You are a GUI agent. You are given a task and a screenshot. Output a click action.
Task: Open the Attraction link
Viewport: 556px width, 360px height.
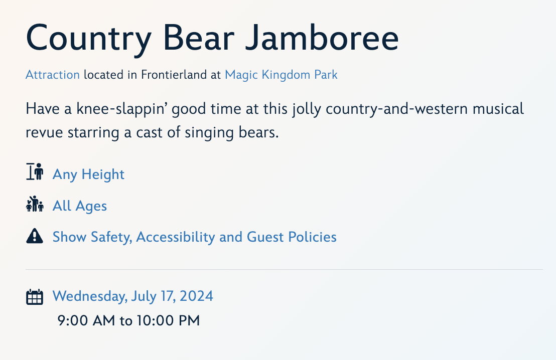pos(53,75)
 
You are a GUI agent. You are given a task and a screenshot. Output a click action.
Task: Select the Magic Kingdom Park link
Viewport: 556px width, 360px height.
pos(281,75)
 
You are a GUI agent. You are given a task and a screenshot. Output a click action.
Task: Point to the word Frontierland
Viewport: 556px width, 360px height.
pos(174,75)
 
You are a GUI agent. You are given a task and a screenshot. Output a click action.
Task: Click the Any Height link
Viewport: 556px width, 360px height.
pos(89,174)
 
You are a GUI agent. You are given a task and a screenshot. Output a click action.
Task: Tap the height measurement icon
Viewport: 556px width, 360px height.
pos(35,171)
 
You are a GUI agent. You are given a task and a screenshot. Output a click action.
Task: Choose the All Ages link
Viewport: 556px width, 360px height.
pos(80,206)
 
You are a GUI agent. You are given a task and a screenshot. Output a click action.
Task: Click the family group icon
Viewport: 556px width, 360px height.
pos(35,204)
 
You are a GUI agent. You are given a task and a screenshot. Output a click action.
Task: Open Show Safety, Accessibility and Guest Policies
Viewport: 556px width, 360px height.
pos(195,237)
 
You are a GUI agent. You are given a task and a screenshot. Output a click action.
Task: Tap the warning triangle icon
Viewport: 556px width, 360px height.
pos(35,236)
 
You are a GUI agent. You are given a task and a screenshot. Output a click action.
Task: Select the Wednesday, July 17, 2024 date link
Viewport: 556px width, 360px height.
pos(133,296)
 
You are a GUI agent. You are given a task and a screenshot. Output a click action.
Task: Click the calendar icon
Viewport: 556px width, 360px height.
pos(35,297)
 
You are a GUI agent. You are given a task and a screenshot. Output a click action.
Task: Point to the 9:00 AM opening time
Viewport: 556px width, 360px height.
pos(86,321)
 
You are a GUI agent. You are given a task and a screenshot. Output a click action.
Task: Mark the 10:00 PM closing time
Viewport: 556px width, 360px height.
pos(169,321)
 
